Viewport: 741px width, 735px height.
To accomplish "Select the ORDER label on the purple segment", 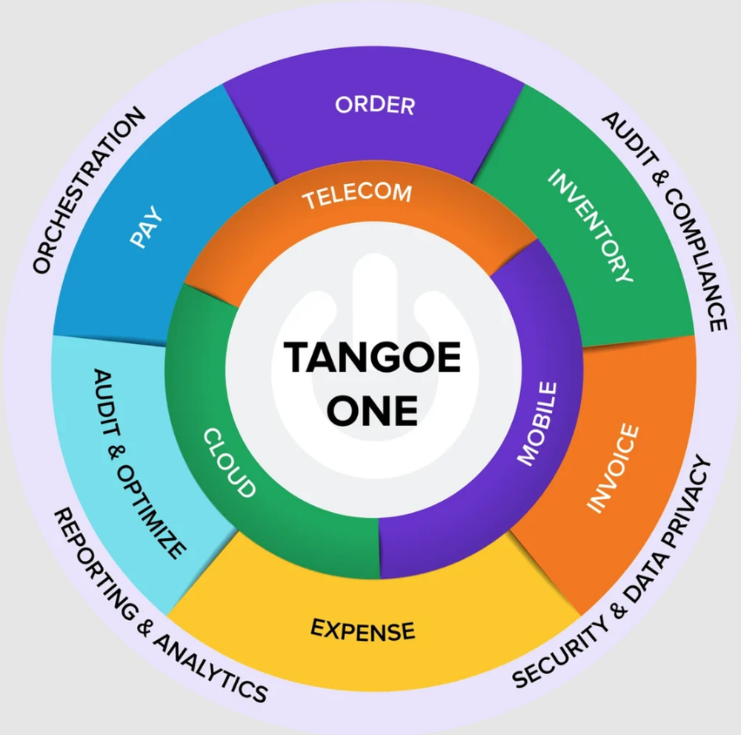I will point(374,104).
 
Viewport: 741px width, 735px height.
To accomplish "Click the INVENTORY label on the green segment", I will point(591,226).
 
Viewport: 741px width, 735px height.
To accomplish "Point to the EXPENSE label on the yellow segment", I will point(362,630).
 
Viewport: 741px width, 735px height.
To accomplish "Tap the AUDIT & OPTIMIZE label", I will point(139,463).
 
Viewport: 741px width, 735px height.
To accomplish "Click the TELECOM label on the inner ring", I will point(356,195).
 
